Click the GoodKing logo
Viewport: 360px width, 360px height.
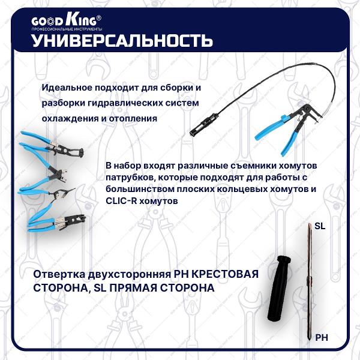pyautogui.click(x=66, y=21)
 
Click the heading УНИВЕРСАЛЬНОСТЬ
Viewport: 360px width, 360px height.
pyautogui.click(x=122, y=41)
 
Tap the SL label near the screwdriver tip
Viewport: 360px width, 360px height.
pyautogui.click(x=320, y=226)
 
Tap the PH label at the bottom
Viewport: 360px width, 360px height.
pyautogui.click(x=322, y=338)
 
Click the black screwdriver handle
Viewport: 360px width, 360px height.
pyautogui.click(x=279, y=288)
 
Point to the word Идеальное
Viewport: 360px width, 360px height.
pyautogui.click(x=67, y=88)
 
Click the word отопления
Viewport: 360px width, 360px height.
pyautogui.click(x=133, y=119)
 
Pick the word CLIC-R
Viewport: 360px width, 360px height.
pyautogui.click(x=121, y=201)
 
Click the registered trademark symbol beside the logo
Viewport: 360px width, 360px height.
pyautogui.click(x=99, y=17)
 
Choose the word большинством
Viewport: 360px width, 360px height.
pyautogui.click(x=137, y=190)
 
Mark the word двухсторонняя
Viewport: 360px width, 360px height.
pyautogui.click(x=129, y=275)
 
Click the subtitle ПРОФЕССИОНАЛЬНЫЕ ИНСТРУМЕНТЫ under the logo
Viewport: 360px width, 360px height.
pyautogui.click(x=67, y=29)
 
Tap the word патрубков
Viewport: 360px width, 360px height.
pyautogui.click(x=129, y=178)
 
